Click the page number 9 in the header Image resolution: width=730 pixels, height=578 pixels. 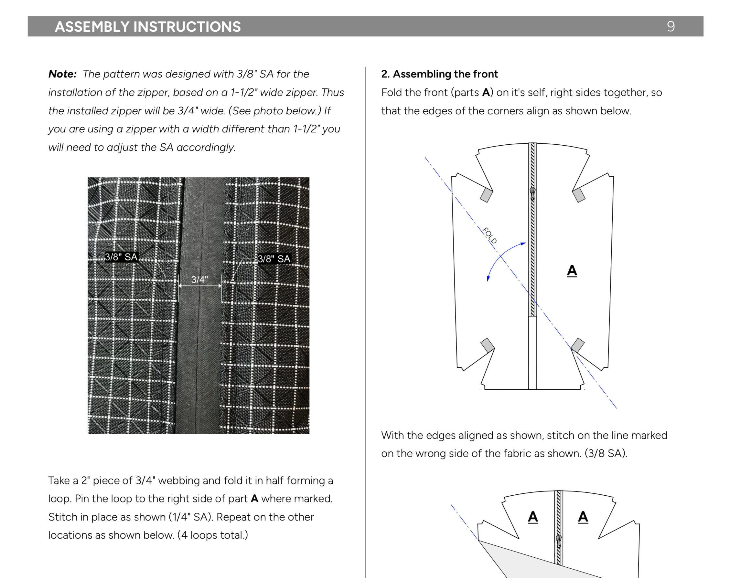pos(671,26)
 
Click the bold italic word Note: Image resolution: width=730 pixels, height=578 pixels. pos(62,74)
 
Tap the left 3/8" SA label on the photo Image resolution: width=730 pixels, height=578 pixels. pos(121,257)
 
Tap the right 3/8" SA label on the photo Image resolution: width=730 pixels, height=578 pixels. pos(274,259)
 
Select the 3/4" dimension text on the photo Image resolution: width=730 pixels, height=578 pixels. pos(199,280)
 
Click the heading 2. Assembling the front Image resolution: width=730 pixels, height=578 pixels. pos(439,74)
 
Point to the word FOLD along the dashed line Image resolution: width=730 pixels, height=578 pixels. pos(489,235)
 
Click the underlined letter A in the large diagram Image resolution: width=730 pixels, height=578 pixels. pos(572,271)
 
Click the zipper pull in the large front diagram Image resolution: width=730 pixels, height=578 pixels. pos(532,193)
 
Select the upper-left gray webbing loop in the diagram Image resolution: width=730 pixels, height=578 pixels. pos(486,195)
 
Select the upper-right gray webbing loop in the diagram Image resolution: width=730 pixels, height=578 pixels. pos(579,195)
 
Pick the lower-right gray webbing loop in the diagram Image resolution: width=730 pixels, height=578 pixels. pos(578,345)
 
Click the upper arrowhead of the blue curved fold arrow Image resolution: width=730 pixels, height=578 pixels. pos(523,243)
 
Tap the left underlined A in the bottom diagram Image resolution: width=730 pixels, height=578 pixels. pos(533,517)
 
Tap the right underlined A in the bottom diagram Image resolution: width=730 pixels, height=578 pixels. pos(583,517)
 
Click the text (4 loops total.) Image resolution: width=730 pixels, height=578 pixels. pos(213,535)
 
